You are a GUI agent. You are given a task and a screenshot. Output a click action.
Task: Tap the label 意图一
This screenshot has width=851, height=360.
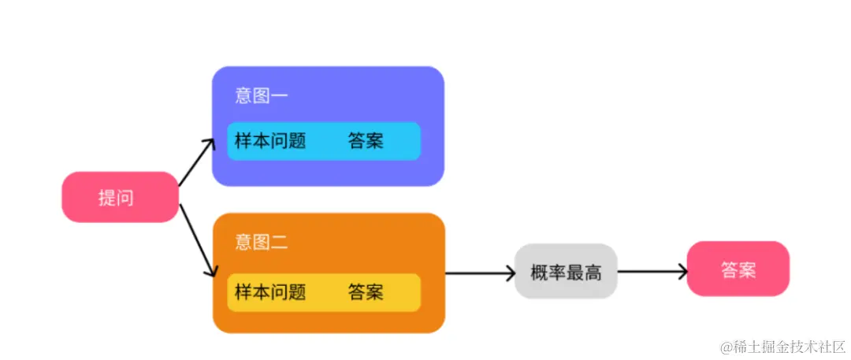262,96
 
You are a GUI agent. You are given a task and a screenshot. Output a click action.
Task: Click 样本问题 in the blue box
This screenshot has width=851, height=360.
270,142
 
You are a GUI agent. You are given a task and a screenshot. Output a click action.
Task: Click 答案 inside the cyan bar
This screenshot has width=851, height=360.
366,142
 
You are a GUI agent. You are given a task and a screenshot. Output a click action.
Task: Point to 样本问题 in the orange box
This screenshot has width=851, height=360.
270,292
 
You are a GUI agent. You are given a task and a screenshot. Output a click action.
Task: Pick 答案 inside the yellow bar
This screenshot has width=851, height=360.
366,292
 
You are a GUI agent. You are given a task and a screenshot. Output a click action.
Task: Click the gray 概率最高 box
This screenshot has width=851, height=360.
566,273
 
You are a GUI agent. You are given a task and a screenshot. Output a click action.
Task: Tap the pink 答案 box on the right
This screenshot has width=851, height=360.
738,269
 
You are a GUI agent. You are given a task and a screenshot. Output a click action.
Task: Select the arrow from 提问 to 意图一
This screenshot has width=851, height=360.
196,163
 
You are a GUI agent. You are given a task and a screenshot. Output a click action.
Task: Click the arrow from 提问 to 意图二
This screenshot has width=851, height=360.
198,240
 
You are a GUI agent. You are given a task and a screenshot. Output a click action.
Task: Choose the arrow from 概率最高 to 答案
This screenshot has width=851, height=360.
652,273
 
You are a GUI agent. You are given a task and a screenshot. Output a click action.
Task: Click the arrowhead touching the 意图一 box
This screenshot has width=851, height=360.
210,143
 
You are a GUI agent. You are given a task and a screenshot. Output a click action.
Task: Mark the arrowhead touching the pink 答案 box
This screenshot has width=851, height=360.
682,273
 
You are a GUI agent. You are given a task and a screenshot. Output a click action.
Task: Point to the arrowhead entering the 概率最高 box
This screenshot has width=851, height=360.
510,274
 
